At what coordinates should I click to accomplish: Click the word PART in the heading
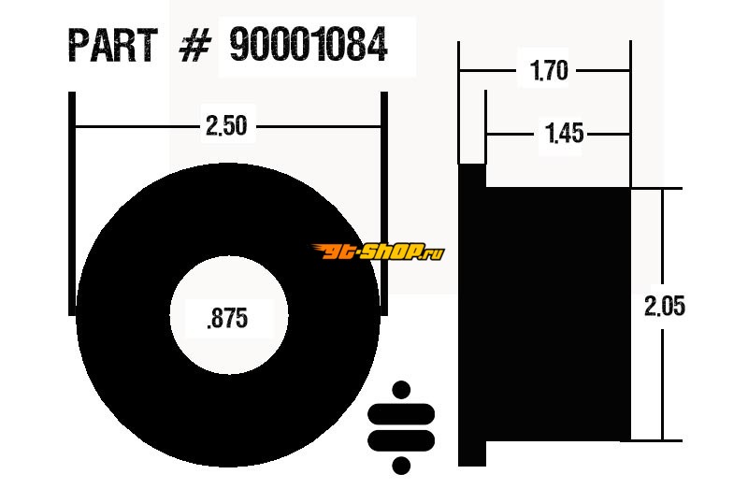(113, 45)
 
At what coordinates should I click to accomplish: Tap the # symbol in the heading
(194, 45)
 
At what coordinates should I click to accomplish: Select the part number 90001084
(309, 44)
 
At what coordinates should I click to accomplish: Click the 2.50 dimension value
(226, 126)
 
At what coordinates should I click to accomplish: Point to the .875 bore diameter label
(227, 318)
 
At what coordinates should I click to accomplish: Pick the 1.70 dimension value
(549, 71)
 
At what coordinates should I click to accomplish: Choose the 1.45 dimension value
(564, 133)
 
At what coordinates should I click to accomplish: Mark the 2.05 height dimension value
(665, 306)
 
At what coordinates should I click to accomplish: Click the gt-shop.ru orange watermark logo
(378, 251)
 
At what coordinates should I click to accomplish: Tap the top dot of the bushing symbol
(401, 390)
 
